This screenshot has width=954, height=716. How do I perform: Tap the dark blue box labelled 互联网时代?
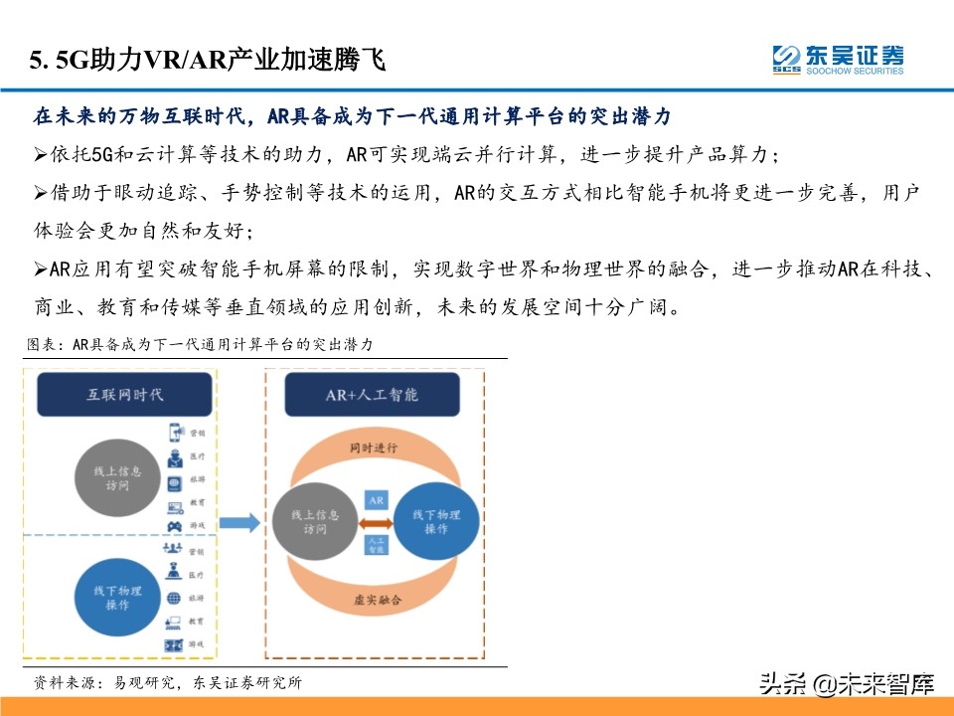coord(124,395)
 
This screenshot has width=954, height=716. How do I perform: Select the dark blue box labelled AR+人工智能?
coord(372,395)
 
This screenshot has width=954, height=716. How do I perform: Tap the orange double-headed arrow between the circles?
coord(376,521)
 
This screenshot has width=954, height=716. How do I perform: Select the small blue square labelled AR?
coord(376,500)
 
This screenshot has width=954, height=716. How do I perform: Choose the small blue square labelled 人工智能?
coord(376,543)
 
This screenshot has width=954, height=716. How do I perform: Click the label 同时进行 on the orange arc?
coord(374,448)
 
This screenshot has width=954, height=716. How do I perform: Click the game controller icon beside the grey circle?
coord(174,525)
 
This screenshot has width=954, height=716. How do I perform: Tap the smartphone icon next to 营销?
coord(175,433)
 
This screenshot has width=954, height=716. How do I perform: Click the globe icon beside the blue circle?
coord(174,599)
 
